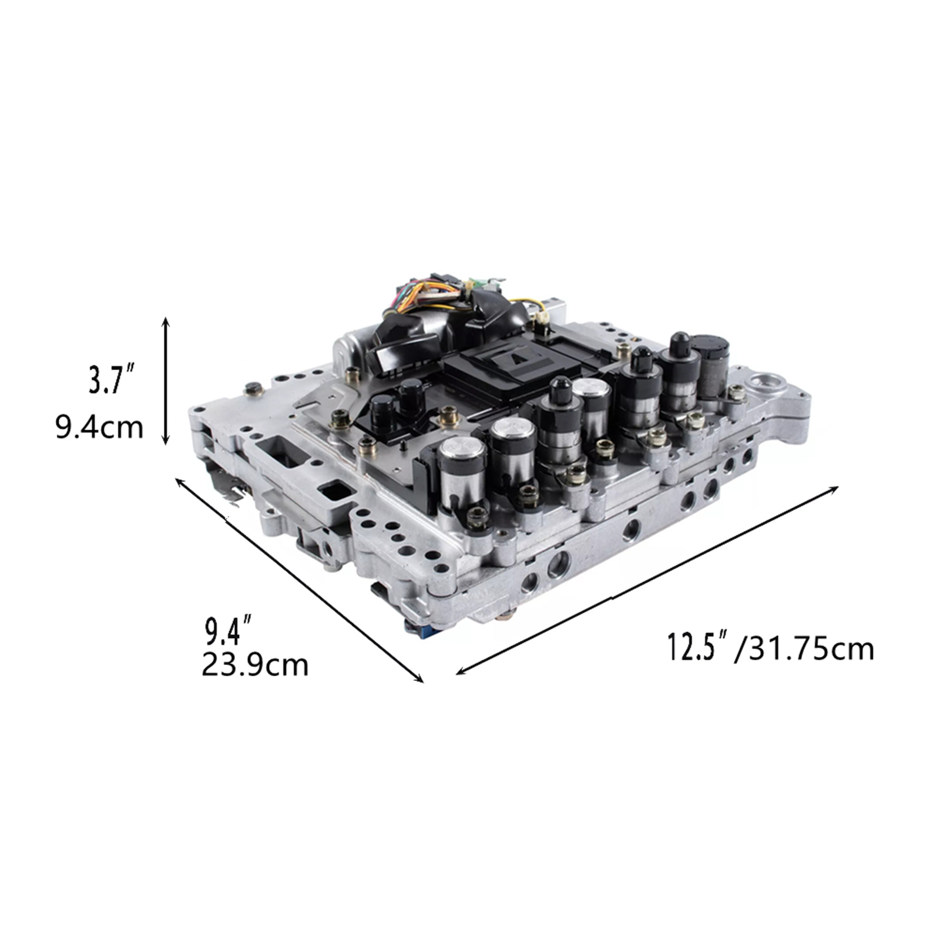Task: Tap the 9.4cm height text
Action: click(99, 428)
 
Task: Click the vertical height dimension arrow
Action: click(166, 381)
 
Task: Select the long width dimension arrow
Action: click(647, 580)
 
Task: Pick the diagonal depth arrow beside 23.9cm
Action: click(300, 580)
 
